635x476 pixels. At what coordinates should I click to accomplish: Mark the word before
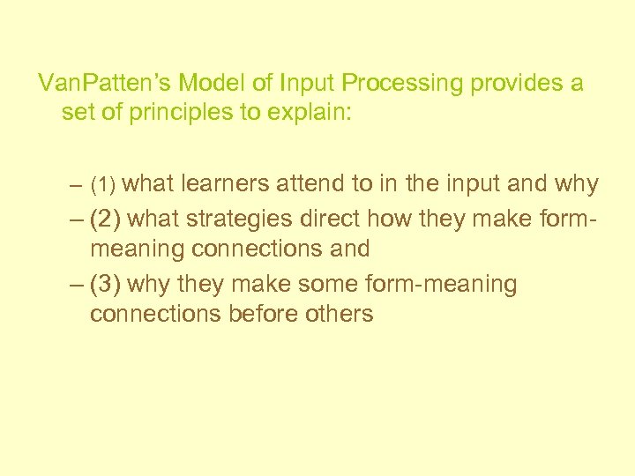tap(262, 313)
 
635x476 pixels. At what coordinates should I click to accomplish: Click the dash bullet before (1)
tap(77, 186)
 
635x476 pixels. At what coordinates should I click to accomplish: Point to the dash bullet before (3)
tap(77, 284)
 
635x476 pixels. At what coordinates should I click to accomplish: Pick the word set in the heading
tap(77, 113)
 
